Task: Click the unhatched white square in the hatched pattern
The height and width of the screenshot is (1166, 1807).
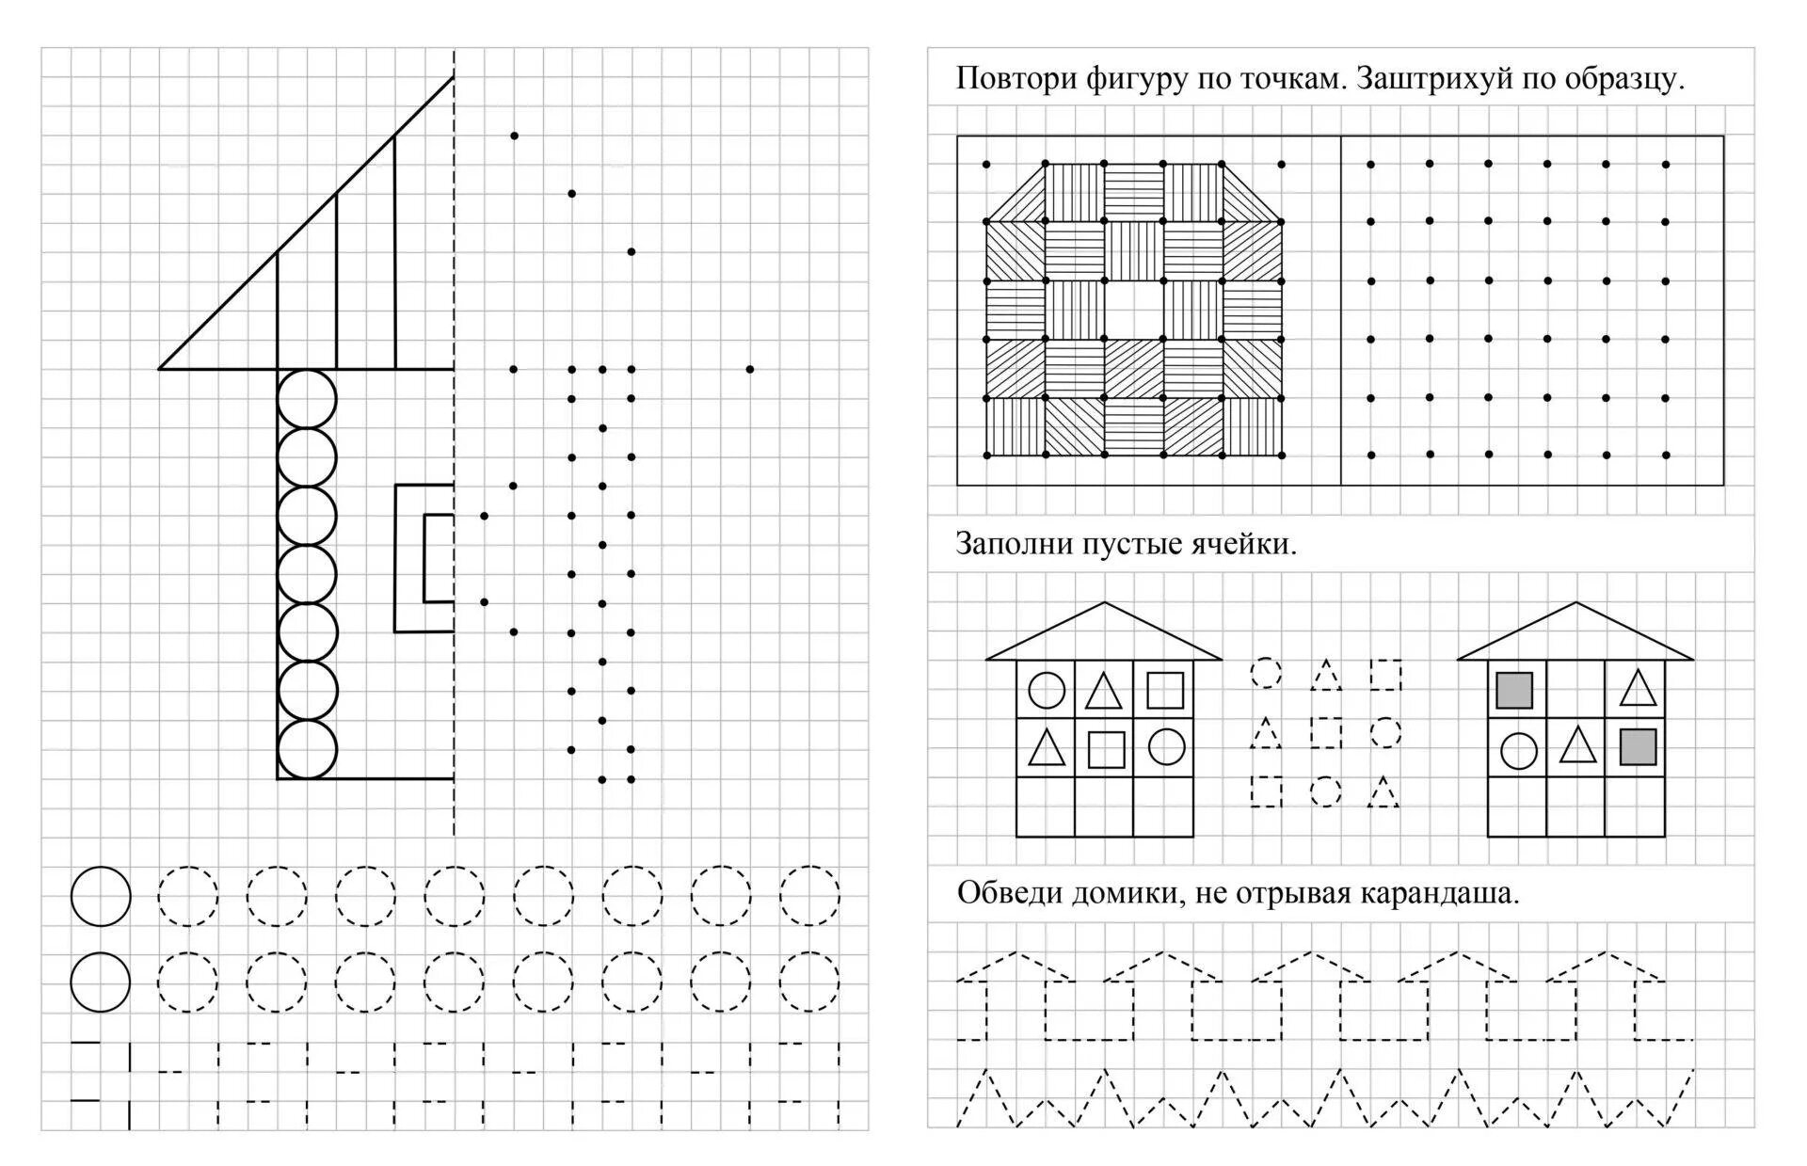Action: pos(1134,310)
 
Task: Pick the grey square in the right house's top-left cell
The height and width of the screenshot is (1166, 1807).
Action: pos(1514,690)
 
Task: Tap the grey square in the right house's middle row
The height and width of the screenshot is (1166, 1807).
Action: pos(1638,747)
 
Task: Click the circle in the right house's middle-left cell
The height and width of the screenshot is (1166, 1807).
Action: pos(1518,751)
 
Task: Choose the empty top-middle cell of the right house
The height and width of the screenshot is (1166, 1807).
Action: pos(1576,690)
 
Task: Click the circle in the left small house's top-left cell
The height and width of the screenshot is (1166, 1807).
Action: pos(1046,690)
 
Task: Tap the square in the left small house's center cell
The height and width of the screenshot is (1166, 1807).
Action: pos(1106,750)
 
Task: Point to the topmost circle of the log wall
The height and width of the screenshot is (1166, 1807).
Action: pos(307,399)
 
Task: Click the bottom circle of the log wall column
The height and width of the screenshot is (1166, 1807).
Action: pos(307,750)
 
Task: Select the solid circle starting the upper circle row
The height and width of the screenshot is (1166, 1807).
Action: pos(101,896)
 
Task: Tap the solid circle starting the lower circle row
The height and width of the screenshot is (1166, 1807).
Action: pos(101,982)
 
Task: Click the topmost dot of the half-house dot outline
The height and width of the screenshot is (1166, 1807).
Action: pos(514,136)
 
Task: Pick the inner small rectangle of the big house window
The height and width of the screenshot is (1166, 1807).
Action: pos(439,557)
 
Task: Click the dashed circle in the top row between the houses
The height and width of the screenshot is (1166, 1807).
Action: pos(1266,673)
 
